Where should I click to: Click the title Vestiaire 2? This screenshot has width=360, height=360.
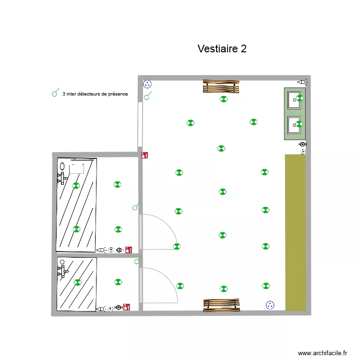point(222,49)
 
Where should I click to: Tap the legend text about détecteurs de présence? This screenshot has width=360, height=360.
point(95,94)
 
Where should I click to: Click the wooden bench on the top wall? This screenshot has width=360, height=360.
point(221,86)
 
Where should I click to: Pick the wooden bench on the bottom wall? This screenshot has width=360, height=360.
point(221,305)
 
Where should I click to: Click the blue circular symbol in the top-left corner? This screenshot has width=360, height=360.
point(147,84)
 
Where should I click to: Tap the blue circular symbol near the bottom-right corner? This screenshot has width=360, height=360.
point(270,305)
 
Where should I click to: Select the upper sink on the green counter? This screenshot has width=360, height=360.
point(294,100)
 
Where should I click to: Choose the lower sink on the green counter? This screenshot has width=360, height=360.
point(294,125)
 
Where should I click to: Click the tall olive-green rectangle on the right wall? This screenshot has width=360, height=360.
point(295,232)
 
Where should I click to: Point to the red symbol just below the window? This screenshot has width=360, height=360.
point(144,156)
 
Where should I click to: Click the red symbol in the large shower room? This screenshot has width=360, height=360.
point(128,250)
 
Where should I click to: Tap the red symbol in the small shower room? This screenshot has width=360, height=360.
point(127,306)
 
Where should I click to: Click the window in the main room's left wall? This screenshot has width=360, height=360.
point(140,124)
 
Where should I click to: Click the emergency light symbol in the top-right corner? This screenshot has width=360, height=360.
point(302,83)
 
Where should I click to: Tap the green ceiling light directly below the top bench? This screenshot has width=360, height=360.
point(223,99)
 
